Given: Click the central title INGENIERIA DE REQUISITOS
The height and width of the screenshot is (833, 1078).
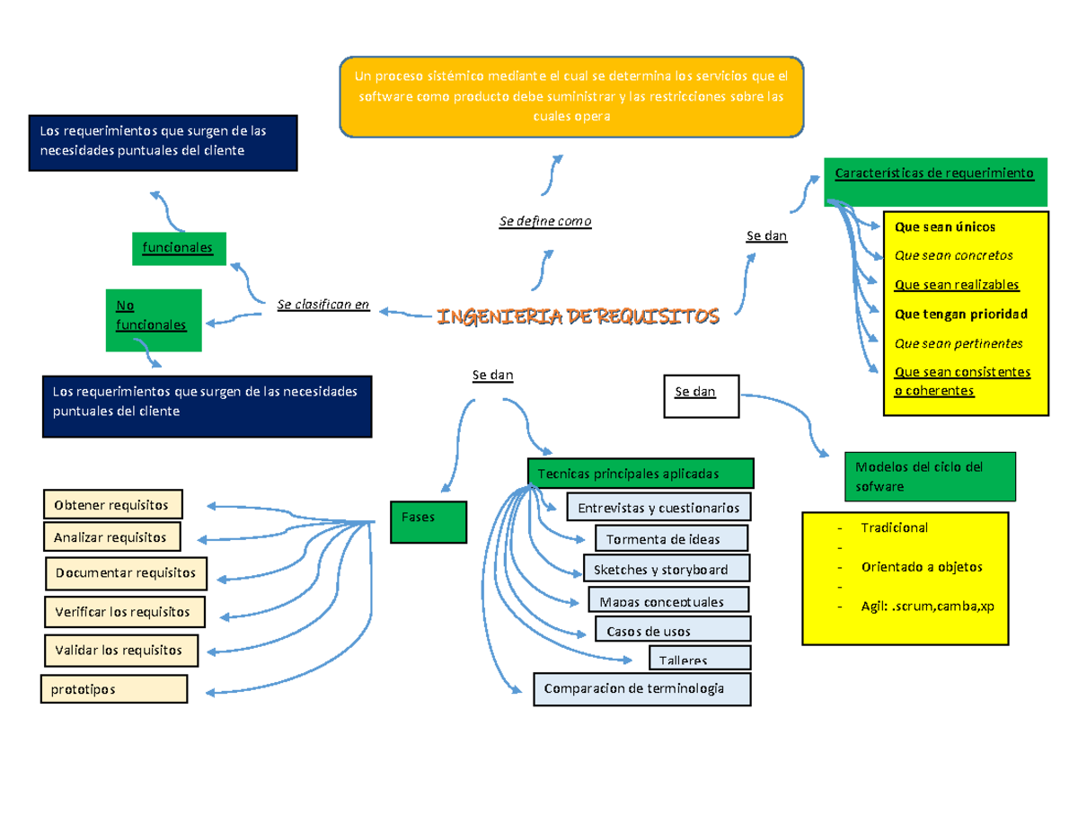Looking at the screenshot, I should click(x=578, y=317).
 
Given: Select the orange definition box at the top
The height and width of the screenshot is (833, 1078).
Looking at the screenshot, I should click(x=571, y=96).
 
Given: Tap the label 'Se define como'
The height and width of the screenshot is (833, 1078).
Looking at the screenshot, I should click(x=545, y=221).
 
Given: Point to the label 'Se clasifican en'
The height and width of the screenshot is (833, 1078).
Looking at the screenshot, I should click(x=323, y=306).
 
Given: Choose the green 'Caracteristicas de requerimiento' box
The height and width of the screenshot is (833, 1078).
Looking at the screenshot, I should click(x=935, y=181).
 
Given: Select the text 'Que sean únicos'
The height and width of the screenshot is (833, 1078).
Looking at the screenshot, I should click(x=945, y=227).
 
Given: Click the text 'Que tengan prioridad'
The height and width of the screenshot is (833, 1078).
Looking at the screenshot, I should click(x=960, y=314).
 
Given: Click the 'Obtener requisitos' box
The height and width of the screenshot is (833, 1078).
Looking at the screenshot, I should click(x=111, y=504).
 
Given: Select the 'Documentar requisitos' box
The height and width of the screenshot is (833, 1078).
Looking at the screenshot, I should click(x=126, y=572).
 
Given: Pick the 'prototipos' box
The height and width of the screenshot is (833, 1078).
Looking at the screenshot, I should click(x=113, y=689).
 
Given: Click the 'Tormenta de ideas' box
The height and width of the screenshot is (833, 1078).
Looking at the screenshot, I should click(x=670, y=539).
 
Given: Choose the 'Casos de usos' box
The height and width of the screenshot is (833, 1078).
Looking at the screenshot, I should click(x=672, y=631).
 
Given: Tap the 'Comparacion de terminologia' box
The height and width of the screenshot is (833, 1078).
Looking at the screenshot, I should click(x=641, y=689).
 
